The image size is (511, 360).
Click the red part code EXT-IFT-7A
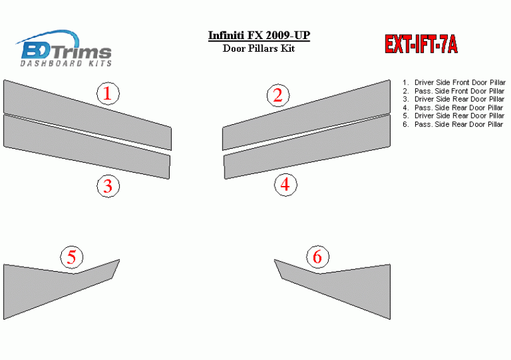421,44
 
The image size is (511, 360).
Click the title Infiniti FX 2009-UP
259,35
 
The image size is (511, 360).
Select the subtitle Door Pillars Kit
259,49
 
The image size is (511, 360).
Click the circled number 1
108,93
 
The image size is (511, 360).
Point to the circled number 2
278,95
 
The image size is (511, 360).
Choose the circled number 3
108,186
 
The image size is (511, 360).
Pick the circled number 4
286,185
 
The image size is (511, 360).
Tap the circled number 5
72,257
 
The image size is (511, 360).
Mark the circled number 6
317,257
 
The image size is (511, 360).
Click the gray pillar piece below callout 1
87,115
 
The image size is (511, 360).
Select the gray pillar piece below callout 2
307,115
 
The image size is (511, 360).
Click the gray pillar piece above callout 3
86,147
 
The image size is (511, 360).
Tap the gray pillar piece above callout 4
307,147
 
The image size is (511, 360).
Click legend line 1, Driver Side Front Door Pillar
454,83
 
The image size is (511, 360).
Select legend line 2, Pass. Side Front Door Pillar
454,91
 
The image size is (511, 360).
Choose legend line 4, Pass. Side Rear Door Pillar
453,108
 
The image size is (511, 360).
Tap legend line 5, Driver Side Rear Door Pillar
454,116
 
